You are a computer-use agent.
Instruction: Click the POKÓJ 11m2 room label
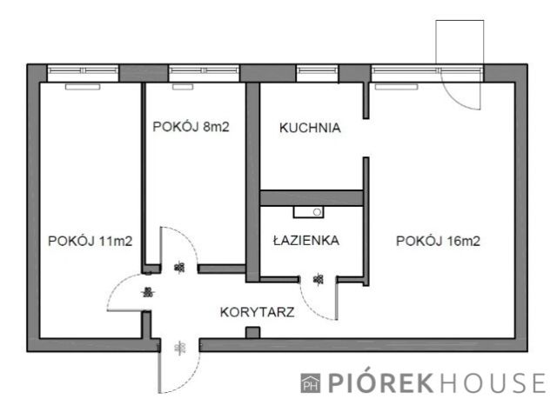coord(91,242)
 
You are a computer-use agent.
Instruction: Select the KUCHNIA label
coord(310,129)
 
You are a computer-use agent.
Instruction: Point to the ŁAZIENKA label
coord(305,240)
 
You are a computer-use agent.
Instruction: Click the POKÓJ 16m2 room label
coord(438,242)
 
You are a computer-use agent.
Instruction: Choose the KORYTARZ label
coord(257,309)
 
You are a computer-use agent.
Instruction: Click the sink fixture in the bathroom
coord(309,210)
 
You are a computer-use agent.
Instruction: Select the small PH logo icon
coord(310,382)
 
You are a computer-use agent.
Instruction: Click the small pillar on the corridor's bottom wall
coord(253,332)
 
